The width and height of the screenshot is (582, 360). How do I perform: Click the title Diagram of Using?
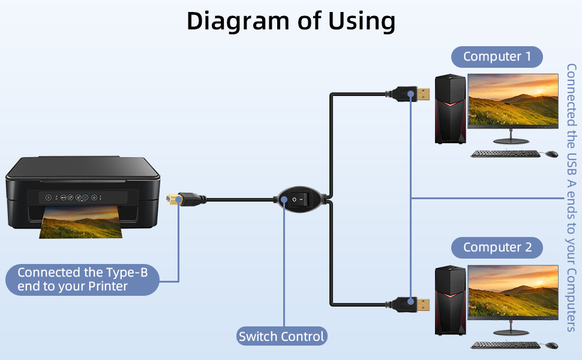click(291, 21)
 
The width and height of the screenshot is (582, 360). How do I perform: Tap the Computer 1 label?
click(497, 57)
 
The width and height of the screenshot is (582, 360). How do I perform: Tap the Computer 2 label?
click(497, 247)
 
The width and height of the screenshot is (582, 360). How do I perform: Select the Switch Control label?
click(281, 336)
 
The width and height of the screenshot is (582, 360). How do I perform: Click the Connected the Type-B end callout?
click(82, 280)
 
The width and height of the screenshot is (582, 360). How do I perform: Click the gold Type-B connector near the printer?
click(173, 200)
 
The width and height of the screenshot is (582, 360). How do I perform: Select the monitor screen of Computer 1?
click(513, 100)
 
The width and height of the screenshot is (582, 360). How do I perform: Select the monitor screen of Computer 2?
click(513, 290)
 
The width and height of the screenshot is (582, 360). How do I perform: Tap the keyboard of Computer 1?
click(505, 154)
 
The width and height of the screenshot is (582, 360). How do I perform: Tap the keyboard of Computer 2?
click(505, 345)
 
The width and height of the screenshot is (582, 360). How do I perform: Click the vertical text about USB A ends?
click(571, 198)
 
